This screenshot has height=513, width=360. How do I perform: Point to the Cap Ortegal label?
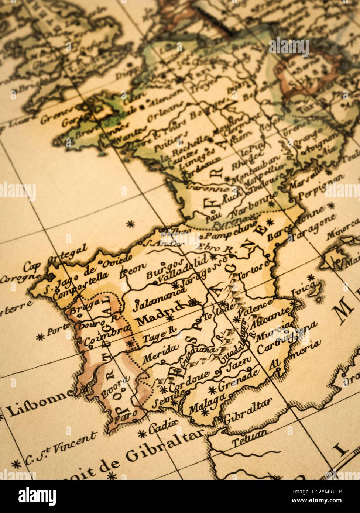(55, 258)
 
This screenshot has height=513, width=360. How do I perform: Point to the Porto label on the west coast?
(58, 329)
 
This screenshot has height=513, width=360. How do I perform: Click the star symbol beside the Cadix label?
(141, 433)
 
